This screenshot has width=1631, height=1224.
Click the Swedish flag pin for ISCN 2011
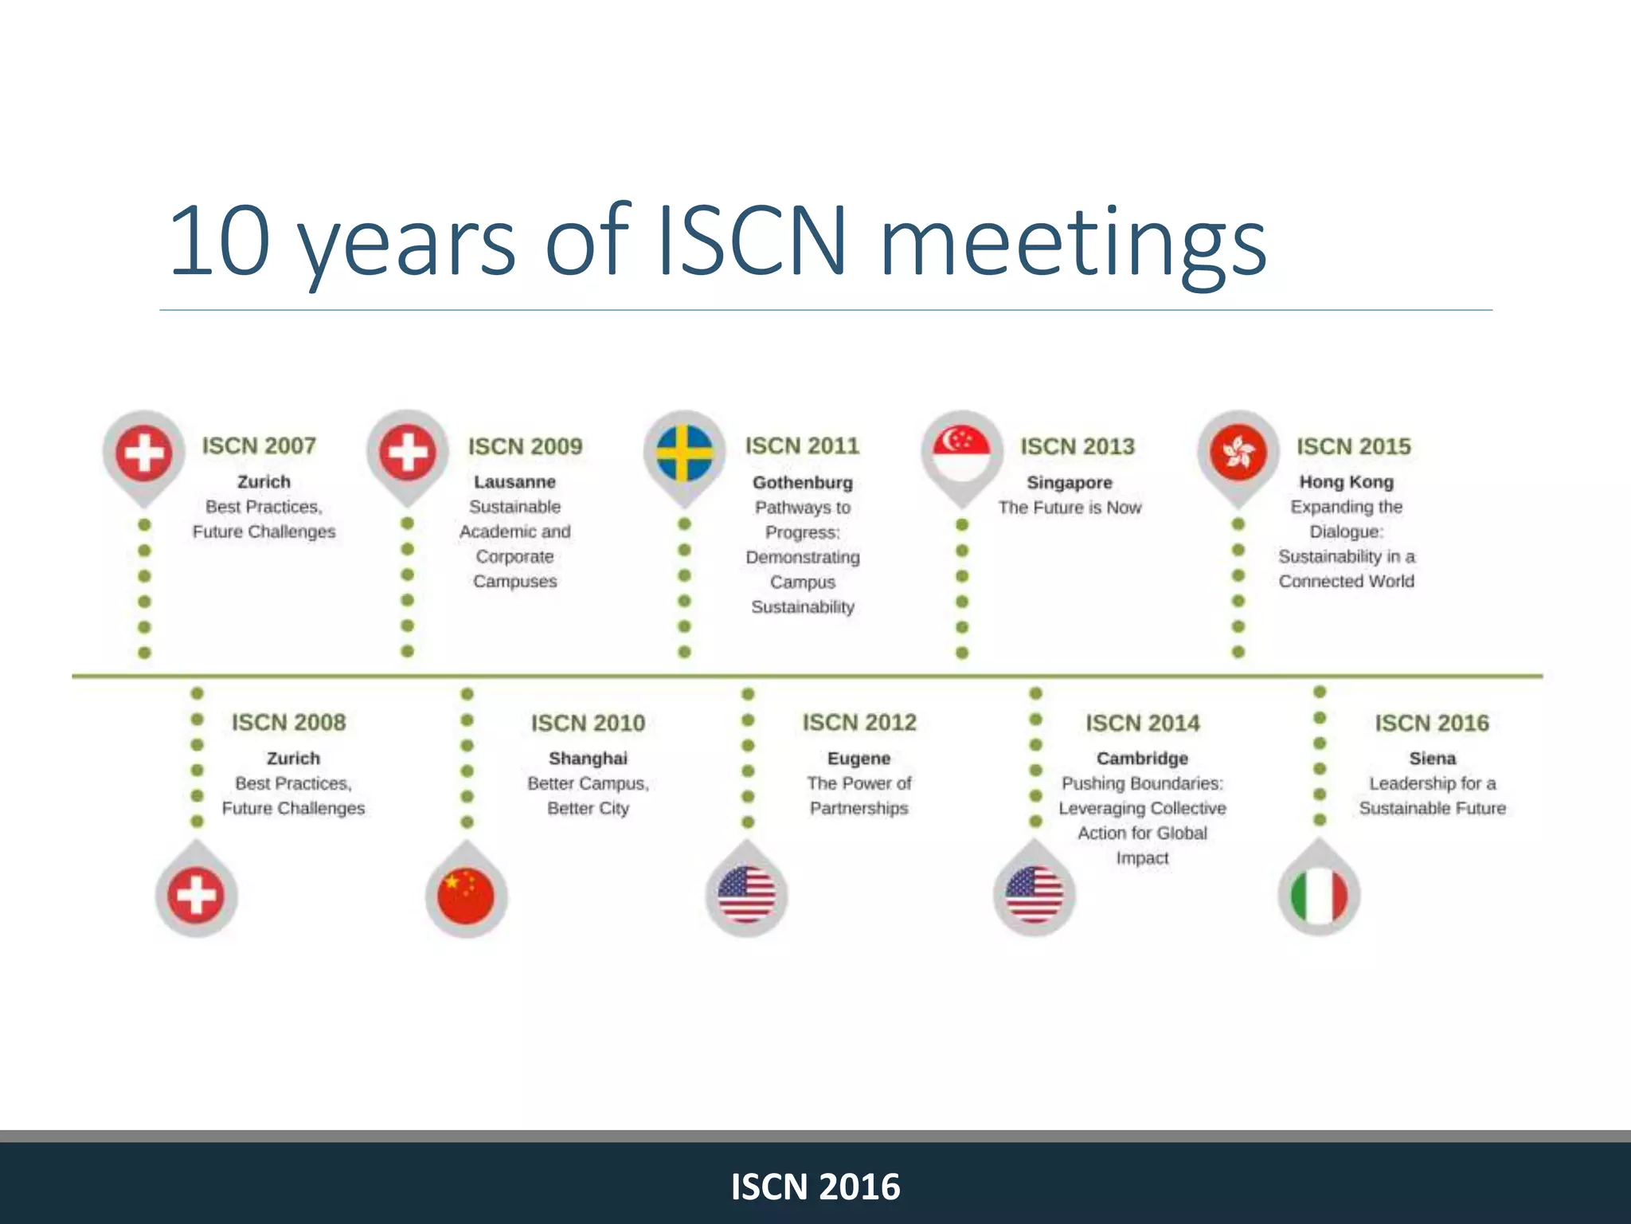685,453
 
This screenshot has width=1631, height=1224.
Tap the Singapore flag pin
961,453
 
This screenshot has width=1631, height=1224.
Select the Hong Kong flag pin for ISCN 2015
1238,453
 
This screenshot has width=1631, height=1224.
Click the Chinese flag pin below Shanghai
467,895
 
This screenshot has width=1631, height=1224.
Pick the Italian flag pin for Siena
1319,895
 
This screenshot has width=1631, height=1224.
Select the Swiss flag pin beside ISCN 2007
144,453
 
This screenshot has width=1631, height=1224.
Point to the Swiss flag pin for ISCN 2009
408,453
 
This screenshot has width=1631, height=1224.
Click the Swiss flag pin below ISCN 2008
196,895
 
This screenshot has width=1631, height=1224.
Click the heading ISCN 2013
1078,446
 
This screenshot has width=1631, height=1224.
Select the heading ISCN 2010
588,723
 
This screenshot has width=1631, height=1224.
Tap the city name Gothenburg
803,482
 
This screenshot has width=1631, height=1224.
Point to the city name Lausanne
514,482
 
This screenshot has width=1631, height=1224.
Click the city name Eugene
859,759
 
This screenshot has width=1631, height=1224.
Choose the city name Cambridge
1142,759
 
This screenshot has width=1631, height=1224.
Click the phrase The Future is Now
1070,508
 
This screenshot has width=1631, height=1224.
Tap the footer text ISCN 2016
815,1187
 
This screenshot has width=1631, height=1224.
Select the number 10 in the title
219,241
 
